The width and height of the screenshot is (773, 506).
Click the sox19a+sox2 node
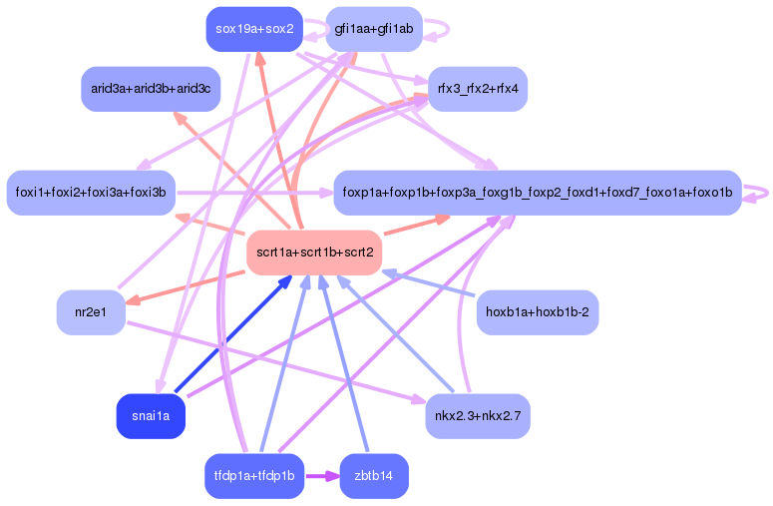254,29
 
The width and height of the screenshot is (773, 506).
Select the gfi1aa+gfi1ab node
374,29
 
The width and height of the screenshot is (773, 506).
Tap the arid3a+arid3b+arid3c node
151,90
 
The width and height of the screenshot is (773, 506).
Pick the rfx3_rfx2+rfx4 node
477,89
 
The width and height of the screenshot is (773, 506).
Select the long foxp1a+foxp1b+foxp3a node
537,192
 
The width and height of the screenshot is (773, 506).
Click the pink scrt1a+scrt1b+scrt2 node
315,253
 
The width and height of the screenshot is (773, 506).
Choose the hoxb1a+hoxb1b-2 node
537,313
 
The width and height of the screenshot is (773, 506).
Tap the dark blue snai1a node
151,415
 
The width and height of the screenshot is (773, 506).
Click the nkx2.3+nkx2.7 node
477,415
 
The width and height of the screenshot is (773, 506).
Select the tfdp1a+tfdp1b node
254,476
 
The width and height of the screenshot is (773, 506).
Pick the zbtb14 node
374,476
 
